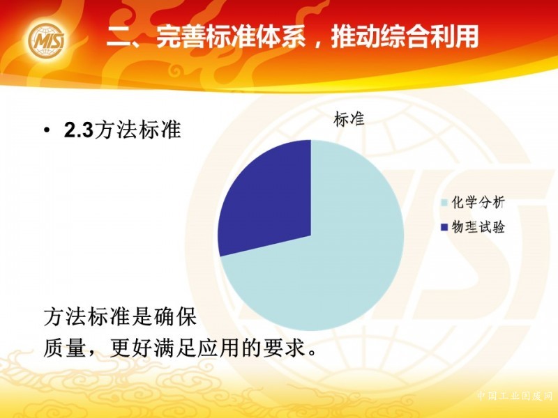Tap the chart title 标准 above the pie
pyautogui.click(x=349, y=119)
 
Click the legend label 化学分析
pyautogui.click(x=478, y=203)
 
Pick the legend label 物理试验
pyautogui.click(x=478, y=227)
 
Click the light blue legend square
pyautogui.click(x=444, y=203)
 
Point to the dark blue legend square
pyautogui.click(x=444, y=227)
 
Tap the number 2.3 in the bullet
pyautogui.click(x=79, y=130)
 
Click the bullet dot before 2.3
pyautogui.click(x=47, y=131)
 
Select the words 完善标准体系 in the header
pyautogui.click(x=231, y=37)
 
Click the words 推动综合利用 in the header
pyautogui.click(x=405, y=37)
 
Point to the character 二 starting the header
pyautogui.click(x=119, y=38)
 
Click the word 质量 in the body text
pyautogui.click(x=64, y=347)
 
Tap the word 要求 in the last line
pyautogui.click(x=285, y=347)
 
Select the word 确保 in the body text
pyautogui.click(x=175, y=316)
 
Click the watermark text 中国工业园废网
pyautogui.click(x=514, y=396)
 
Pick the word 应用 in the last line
pyautogui.click(x=218, y=347)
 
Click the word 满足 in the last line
pyautogui.click(x=175, y=347)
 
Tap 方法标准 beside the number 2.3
pyautogui.click(x=137, y=130)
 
